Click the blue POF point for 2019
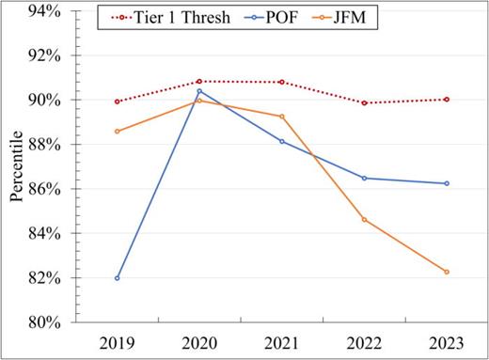[x=117, y=278]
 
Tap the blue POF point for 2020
[x=199, y=91]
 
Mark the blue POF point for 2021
[x=282, y=141]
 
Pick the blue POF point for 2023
[x=447, y=183]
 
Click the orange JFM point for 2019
[x=117, y=131]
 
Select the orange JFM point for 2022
[x=364, y=220]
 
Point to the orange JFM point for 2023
[x=447, y=272]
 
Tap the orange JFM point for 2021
[x=282, y=117]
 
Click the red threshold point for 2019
[x=117, y=102]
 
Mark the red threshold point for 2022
[x=364, y=102]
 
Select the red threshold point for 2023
[x=447, y=99]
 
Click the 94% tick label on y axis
[x=44, y=11]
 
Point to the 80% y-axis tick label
[x=44, y=322]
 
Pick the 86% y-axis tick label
[x=44, y=189]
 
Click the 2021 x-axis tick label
[x=282, y=341]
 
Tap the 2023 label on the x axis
[x=447, y=341]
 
